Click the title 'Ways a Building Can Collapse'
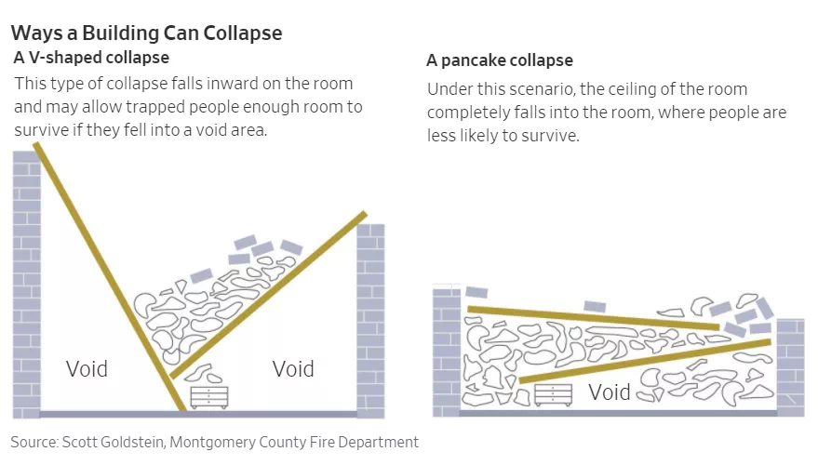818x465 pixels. (x=147, y=33)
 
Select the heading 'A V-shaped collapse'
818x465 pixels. (x=91, y=58)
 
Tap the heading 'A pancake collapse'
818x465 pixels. (x=500, y=60)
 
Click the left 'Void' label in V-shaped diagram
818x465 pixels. (x=87, y=369)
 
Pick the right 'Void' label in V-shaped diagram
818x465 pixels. (x=293, y=369)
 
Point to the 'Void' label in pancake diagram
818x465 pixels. (x=610, y=392)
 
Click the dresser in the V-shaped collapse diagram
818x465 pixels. (x=209, y=397)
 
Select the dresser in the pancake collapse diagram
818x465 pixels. (x=554, y=395)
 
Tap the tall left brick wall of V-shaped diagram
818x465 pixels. (x=27, y=285)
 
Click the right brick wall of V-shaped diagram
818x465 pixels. (x=371, y=321)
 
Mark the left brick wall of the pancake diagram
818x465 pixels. (x=447, y=352)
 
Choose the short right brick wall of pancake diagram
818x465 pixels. (x=790, y=367)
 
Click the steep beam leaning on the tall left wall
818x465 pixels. (x=110, y=277)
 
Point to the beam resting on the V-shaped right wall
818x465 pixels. (x=269, y=295)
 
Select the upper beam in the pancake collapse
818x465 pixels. (x=593, y=318)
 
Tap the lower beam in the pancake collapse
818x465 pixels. (x=645, y=361)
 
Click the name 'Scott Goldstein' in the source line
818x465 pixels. (x=113, y=442)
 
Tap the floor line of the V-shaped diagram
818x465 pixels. (x=198, y=415)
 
